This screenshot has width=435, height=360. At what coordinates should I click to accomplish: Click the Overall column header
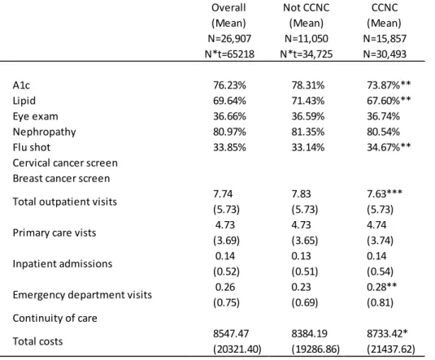point(228,7)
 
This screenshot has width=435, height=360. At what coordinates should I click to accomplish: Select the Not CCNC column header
point(307,7)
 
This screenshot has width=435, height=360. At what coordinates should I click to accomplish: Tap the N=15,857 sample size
point(385,38)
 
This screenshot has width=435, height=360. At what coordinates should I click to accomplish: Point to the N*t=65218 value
point(229,54)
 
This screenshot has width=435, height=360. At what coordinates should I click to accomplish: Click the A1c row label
point(21,85)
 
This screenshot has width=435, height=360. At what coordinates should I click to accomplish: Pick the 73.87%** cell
point(389,85)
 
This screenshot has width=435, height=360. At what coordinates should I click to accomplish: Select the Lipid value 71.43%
point(308,101)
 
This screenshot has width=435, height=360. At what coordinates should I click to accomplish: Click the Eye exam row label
point(36,116)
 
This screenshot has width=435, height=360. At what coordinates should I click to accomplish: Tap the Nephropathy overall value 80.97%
point(229,132)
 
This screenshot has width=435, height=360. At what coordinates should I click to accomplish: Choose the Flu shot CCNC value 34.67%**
point(389,147)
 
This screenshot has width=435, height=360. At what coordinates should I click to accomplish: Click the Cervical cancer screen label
point(65,163)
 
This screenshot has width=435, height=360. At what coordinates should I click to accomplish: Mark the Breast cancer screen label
point(61,178)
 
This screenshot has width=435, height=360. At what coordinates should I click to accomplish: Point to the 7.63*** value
point(385,193)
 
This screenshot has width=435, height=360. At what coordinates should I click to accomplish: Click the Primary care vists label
point(54,232)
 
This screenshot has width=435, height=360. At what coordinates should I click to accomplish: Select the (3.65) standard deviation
point(305,241)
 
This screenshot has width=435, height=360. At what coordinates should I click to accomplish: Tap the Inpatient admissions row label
point(63,264)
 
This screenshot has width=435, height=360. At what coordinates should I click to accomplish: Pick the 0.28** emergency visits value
point(381,287)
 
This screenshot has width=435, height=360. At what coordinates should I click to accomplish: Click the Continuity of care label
point(55,318)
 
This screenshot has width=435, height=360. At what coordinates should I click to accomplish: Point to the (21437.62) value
point(391,349)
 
